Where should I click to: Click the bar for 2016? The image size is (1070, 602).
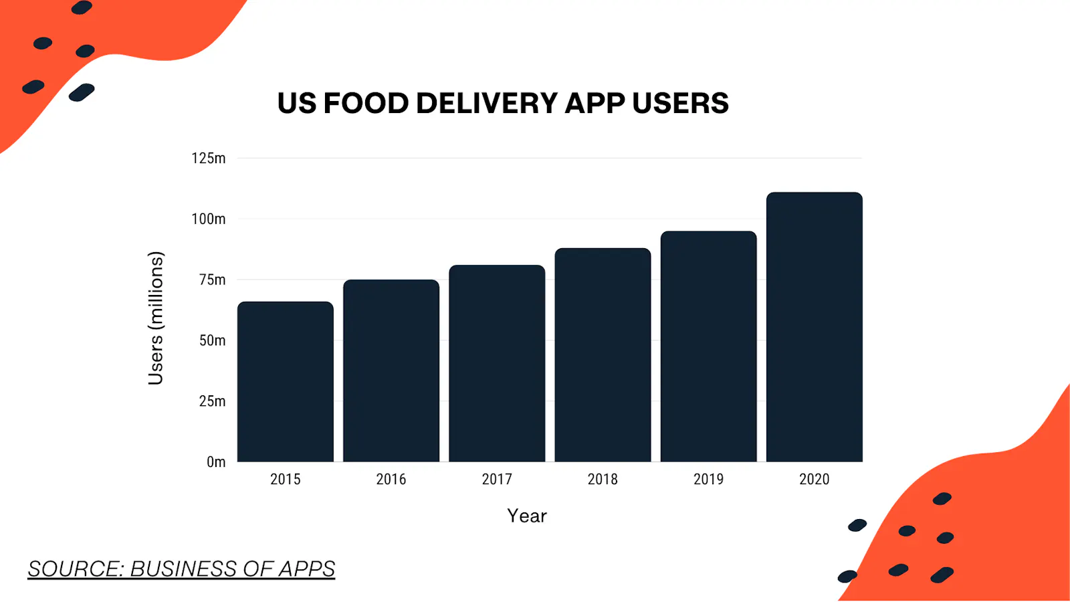391,371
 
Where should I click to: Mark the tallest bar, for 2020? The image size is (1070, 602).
814,327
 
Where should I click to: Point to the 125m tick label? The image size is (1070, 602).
209,159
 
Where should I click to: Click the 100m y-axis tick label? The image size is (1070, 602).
209,219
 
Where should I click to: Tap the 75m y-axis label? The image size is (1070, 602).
212,280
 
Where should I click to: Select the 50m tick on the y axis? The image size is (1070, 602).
212,340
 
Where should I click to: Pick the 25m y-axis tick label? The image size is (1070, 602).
212,401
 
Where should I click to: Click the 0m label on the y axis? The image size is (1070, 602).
216,462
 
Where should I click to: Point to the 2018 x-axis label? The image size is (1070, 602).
603,480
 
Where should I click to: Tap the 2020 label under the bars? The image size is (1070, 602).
814,480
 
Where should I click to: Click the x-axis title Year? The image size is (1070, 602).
527,516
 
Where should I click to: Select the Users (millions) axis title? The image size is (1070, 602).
155,318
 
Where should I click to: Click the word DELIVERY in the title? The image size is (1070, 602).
487,103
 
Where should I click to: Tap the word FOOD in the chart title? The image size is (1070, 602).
366,103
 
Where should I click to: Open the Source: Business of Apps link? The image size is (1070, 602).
181,569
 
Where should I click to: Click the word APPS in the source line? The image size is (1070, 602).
307,569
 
